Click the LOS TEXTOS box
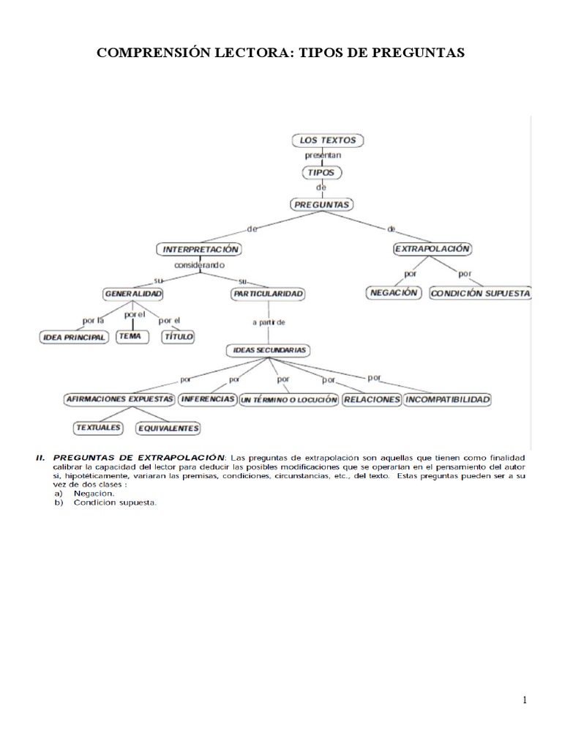(x=328, y=140)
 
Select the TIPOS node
(x=322, y=172)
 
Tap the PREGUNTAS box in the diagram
(x=321, y=204)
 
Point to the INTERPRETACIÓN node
(x=199, y=249)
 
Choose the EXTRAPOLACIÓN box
(x=432, y=249)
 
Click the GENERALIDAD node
(x=132, y=294)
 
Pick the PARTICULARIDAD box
(x=268, y=294)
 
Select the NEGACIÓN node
(x=393, y=293)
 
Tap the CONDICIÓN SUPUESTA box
(x=480, y=294)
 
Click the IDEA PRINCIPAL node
(x=73, y=337)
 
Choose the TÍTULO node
(x=178, y=336)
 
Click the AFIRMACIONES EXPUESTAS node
(x=119, y=400)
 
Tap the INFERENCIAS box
(x=207, y=400)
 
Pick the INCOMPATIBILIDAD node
(x=447, y=400)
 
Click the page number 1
(x=525, y=700)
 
